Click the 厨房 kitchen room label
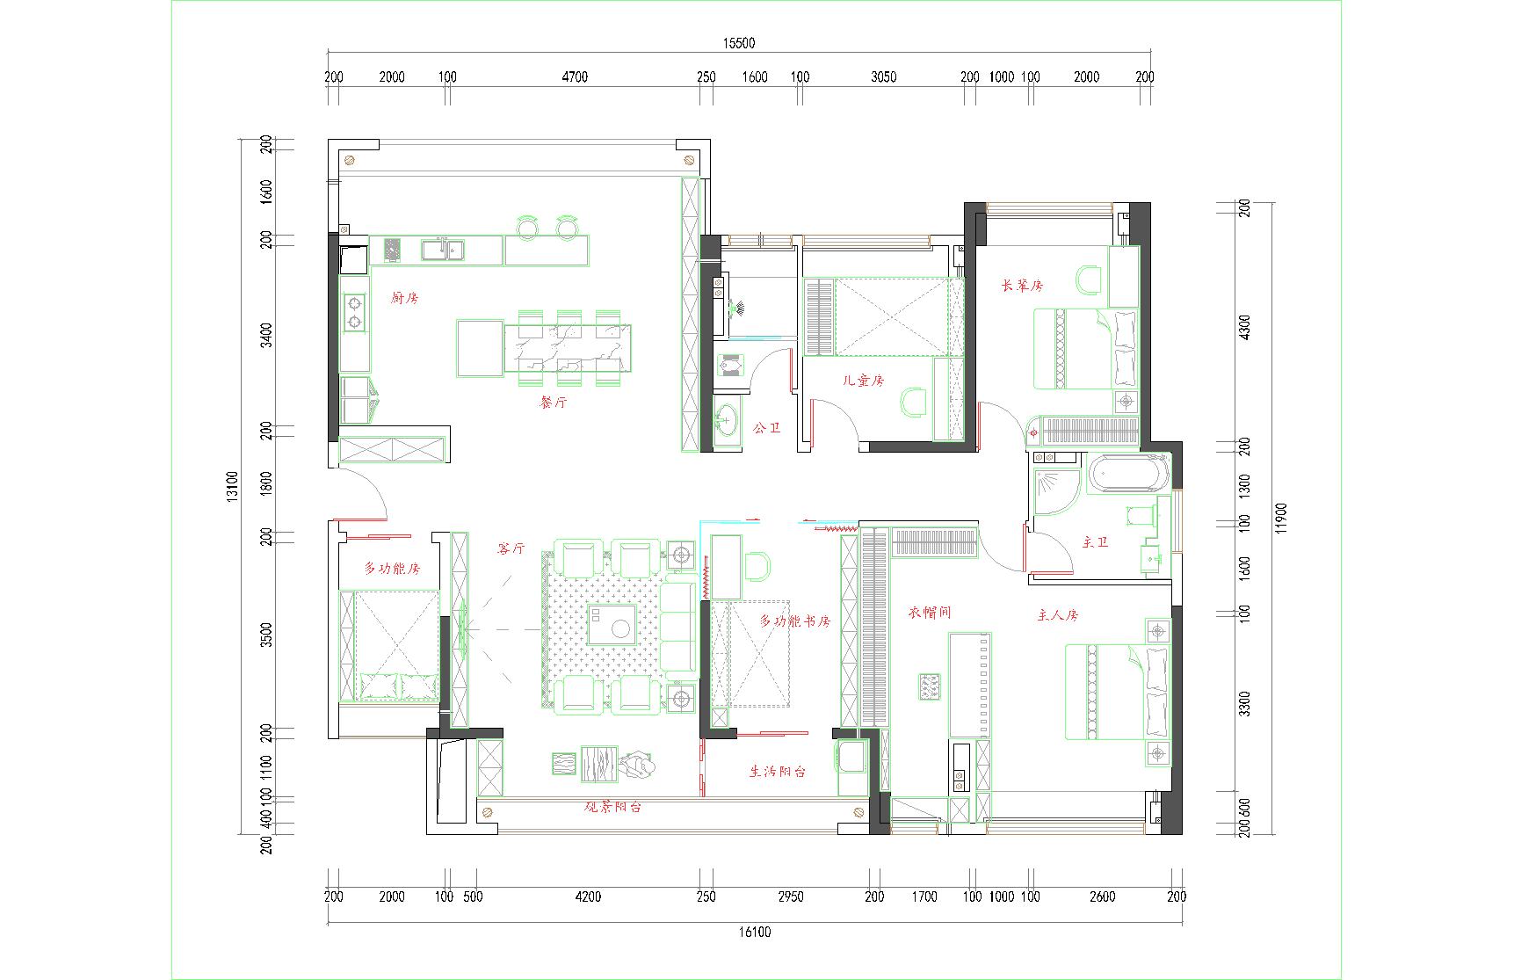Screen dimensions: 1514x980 (404, 298)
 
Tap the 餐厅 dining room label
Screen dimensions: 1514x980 (553, 403)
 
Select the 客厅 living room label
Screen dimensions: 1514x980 (511, 548)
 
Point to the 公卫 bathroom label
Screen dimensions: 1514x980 (766, 428)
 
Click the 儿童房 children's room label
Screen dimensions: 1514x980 (863, 381)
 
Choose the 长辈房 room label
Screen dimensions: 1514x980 (1022, 286)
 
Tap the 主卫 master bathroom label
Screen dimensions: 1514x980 (1095, 542)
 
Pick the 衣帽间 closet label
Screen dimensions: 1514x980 (930, 613)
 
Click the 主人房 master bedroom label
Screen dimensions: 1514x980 (1057, 615)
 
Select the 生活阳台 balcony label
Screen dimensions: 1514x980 (778, 772)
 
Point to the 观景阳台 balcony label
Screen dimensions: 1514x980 (613, 806)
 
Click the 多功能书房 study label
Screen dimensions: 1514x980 (795, 621)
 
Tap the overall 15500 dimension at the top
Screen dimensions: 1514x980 (739, 42)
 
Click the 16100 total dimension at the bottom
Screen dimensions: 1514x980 (754, 932)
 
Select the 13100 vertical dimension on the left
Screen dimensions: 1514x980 (232, 486)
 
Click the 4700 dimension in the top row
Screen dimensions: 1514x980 (574, 76)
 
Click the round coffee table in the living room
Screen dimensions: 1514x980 (622, 628)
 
